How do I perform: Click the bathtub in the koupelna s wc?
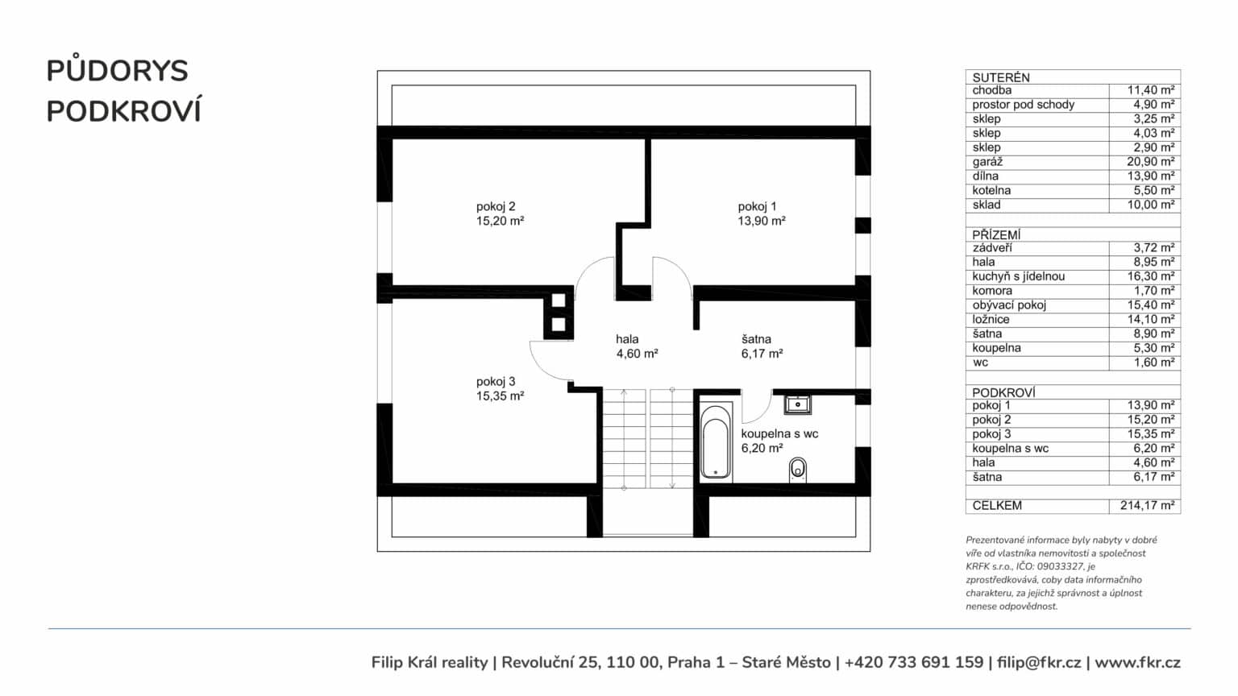(x=715, y=442)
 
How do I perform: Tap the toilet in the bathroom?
(x=797, y=469)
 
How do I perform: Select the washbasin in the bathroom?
(x=797, y=405)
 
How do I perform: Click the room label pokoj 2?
(x=496, y=206)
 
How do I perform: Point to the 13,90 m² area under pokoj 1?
(x=762, y=221)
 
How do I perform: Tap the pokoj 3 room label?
(x=496, y=382)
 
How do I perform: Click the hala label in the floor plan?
(x=627, y=339)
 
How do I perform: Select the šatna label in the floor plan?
(x=756, y=339)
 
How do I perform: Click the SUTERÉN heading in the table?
(x=1001, y=77)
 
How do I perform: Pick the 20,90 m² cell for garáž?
(x=1151, y=161)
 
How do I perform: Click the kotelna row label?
(x=991, y=191)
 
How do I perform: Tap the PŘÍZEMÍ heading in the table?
(x=996, y=234)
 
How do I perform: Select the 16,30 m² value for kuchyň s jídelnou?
(x=1151, y=276)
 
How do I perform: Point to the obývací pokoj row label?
(x=1009, y=305)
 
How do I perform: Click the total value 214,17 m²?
(x=1148, y=505)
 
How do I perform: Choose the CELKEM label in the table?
(x=997, y=505)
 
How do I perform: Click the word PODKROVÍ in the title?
(x=124, y=111)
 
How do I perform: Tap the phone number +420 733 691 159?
(x=914, y=662)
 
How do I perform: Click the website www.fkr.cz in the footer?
(x=1137, y=663)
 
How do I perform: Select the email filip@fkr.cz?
(x=1039, y=662)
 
